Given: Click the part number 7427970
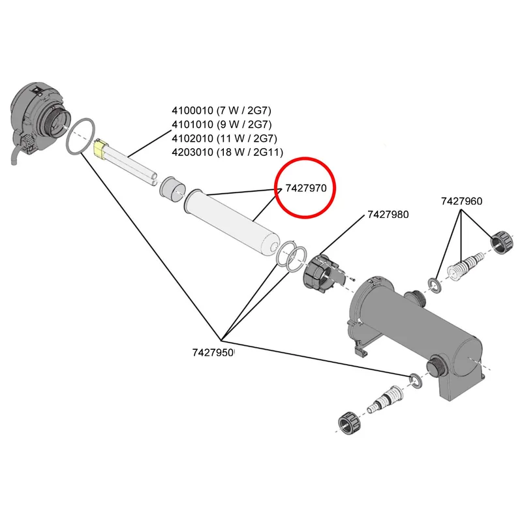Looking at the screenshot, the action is (306, 189).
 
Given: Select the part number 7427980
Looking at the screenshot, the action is (388, 215).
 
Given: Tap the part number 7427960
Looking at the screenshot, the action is (461, 201).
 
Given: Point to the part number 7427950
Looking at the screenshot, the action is (213, 352).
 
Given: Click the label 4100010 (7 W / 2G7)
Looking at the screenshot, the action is (221, 110).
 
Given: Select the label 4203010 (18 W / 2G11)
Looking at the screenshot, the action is (227, 152).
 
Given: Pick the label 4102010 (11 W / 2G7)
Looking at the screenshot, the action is (224, 138).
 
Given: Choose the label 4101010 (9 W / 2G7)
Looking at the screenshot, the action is (221, 124).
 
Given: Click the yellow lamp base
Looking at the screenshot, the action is (100, 149).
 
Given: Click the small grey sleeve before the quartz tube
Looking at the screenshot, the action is (172, 189).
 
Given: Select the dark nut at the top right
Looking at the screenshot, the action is (502, 242).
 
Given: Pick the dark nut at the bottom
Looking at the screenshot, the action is (350, 423).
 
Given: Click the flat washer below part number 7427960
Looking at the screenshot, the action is (435, 286).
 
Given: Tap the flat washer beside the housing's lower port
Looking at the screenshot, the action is (416, 380).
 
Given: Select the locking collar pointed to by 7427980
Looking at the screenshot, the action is (320, 273).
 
